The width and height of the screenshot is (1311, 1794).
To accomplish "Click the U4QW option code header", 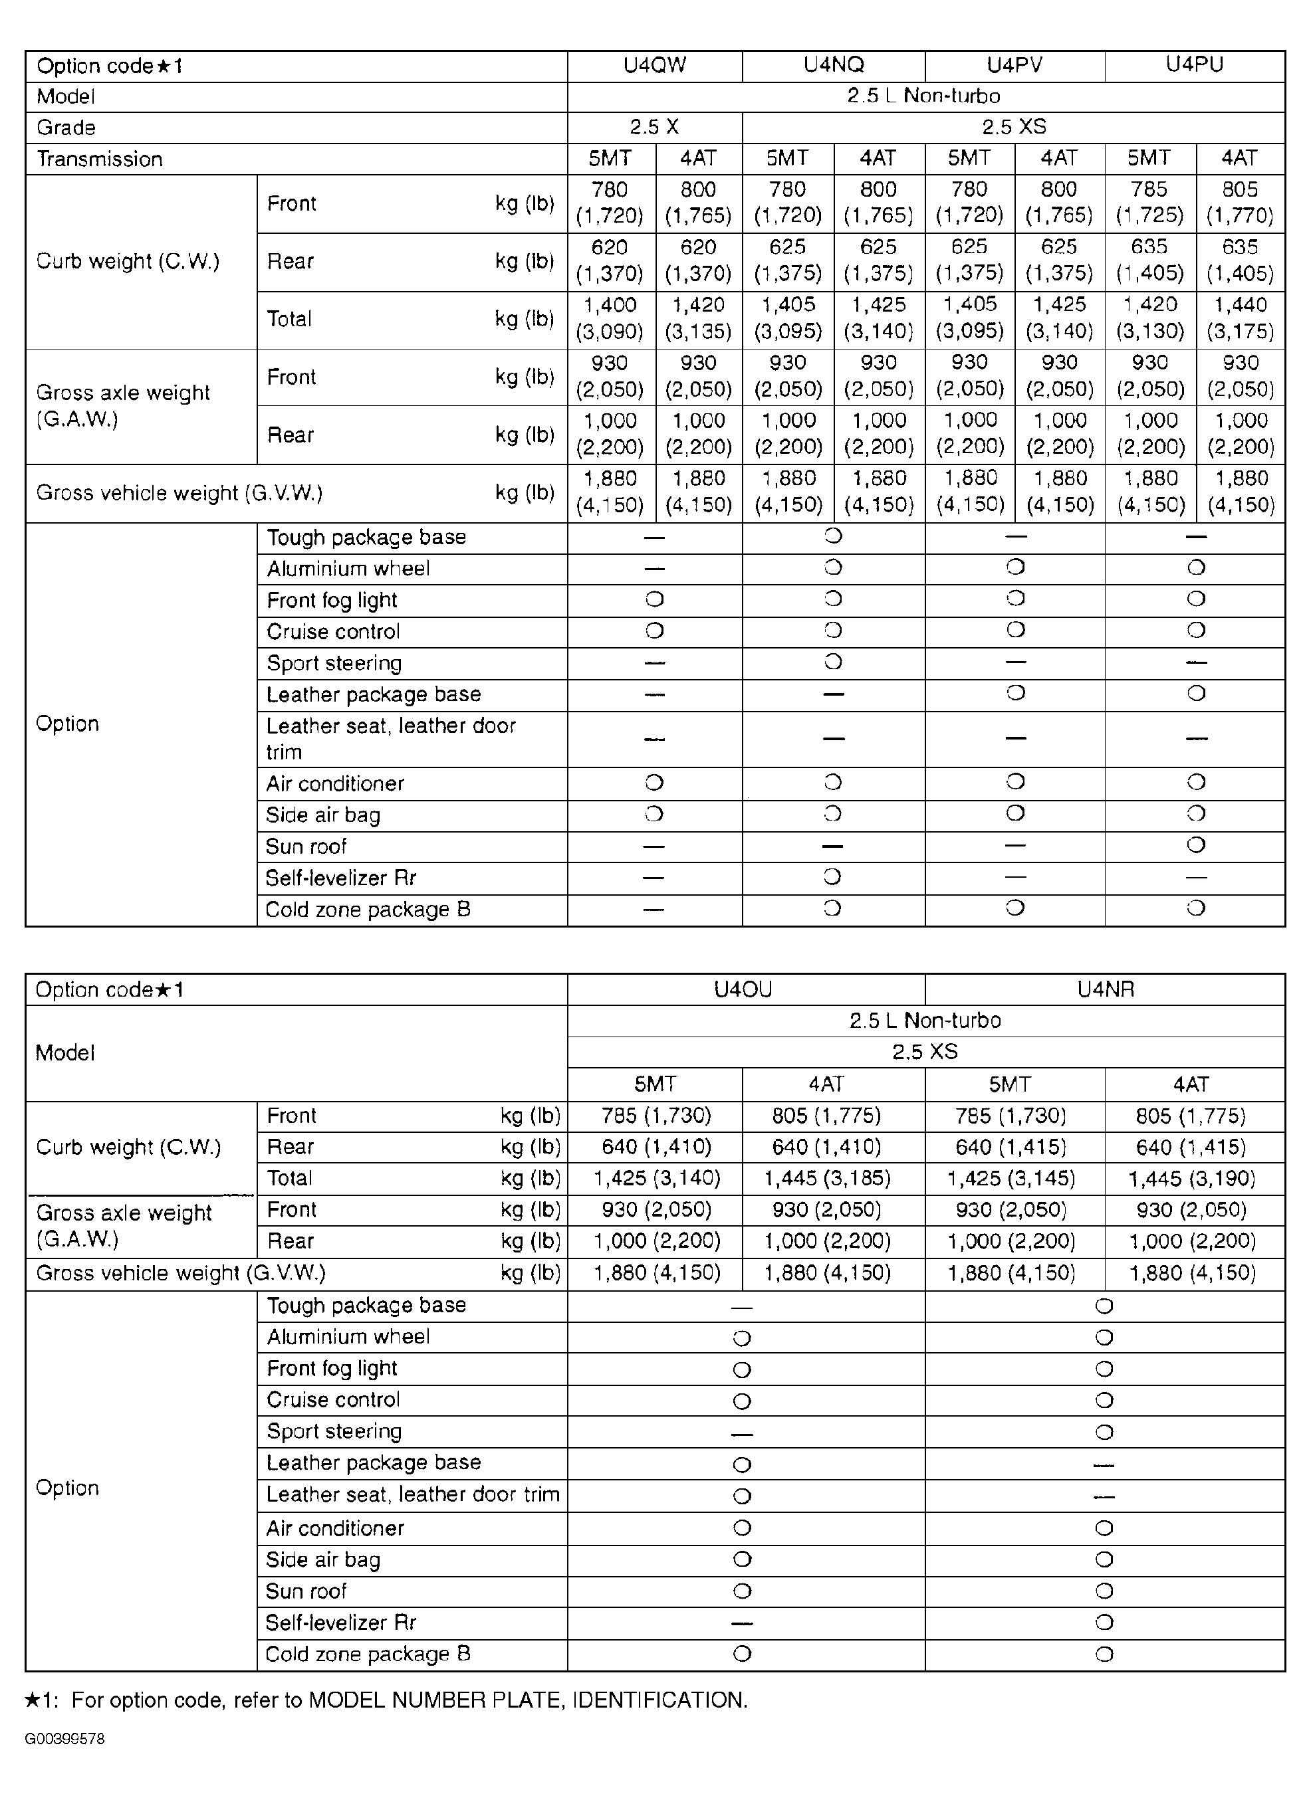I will [655, 66].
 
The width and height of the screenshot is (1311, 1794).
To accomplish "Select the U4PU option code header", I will [1195, 65].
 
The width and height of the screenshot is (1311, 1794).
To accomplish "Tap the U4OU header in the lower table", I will [743, 989].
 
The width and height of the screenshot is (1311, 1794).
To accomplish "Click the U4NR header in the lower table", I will [1105, 989].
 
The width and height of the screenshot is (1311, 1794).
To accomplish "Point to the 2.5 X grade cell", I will [655, 127].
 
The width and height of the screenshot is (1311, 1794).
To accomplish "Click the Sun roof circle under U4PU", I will [1196, 845].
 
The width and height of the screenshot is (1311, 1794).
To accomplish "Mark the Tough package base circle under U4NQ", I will [833, 536].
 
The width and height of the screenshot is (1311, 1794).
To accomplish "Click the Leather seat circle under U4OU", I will [742, 1496].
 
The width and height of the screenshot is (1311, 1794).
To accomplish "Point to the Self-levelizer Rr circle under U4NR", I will [1104, 1622].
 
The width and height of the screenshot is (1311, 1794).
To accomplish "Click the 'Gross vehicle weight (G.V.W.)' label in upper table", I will [179, 493].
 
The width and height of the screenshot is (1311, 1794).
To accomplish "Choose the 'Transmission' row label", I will [100, 159].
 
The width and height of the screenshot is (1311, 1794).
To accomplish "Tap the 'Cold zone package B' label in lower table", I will [368, 1654].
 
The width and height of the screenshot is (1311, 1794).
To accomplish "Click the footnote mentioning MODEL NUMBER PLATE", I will [386, 1700].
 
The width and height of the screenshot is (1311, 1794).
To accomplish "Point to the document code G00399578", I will [64, 1738].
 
